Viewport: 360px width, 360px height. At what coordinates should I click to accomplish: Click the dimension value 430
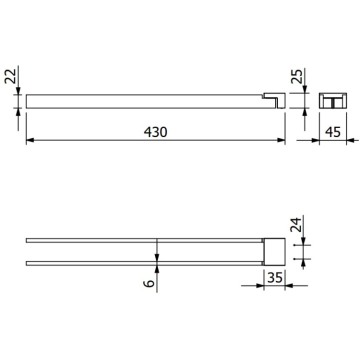coord(155,132)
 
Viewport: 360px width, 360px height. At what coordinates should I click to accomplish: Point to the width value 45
coord(333,132)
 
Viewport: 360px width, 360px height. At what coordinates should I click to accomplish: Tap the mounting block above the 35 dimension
coord(274,251)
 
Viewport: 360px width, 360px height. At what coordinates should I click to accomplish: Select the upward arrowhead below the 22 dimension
coord(18,112)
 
